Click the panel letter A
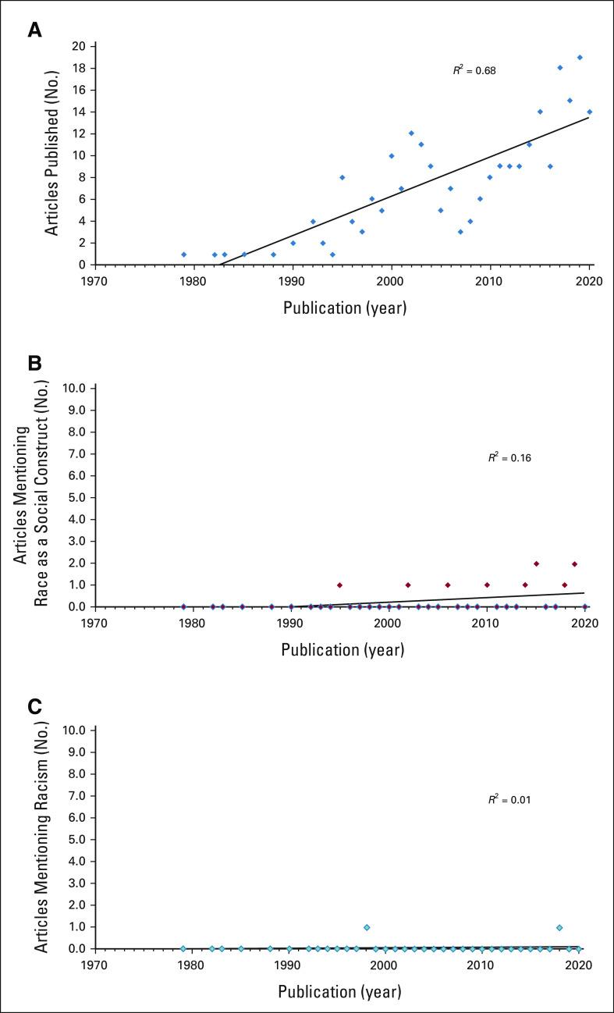click(x=34, y=30)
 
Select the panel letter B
click(x=34, y=363)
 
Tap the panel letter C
click(x=34, y=706)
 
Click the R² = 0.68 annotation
click(x=474, y=70)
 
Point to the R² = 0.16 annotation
click(x=509, y=458)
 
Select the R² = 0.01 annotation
click(x=509, y=800)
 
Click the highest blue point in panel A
click(x=580, y=57)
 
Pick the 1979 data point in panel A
click(x=183, y=254)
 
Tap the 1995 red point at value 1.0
click(x=339, y=585)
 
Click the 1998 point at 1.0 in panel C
click(x=367, y=927)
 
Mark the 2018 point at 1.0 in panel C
click(x=559, y=927)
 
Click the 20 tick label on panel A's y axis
click(x=77, y=46)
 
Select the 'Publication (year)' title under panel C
click(x=339, y=992)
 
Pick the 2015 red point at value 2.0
click(x=536, y=563)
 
